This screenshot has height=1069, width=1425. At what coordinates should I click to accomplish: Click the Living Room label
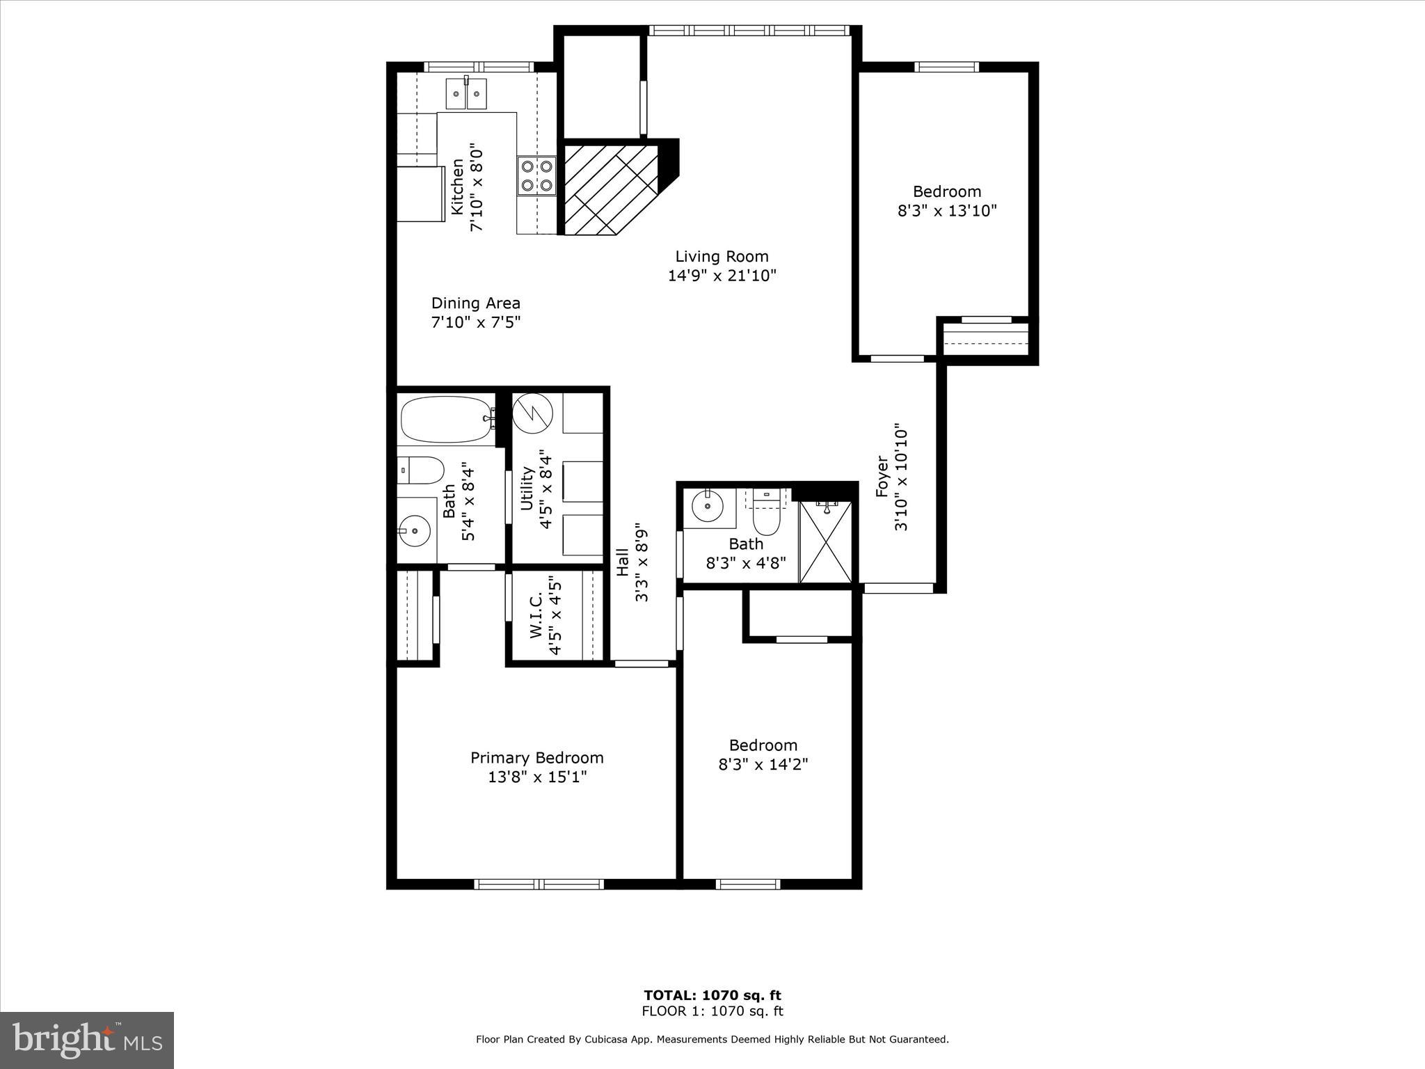click(x=722, y=256)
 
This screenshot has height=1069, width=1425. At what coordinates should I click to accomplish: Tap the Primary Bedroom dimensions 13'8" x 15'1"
click(x=537, y=777)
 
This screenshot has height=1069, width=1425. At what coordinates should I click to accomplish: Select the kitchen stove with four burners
click(x=536, y=175)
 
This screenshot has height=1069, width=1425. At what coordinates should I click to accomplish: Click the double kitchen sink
click(x=467, y=94)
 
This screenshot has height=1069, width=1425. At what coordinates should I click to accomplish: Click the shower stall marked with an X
click(x=825, y=542)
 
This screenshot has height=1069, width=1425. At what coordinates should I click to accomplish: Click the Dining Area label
click(x=475, y=303)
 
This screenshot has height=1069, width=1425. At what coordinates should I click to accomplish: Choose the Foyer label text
click(x=882, y=477)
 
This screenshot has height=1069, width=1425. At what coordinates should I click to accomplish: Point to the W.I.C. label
click(x=536, y=615)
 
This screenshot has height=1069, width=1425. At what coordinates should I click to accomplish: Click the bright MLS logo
click(x=87, y=1040)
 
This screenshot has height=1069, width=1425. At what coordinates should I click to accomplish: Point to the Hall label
click(x=623, y=562)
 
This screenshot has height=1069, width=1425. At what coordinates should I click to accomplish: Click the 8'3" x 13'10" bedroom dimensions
click(x=946, y=210)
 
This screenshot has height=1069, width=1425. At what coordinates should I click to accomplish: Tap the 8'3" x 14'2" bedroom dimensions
click(x=763, y=764)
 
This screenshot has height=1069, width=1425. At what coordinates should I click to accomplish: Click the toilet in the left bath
click(x=422, y=470)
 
